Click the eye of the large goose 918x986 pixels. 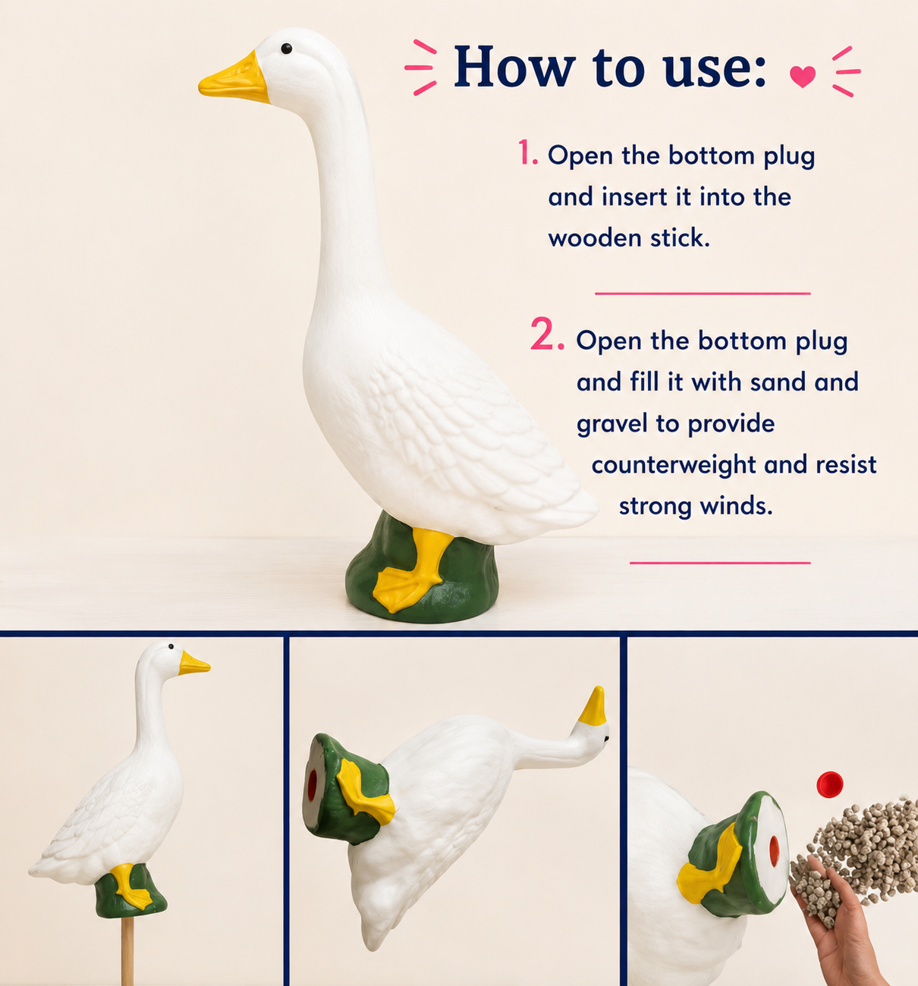pos(286,48)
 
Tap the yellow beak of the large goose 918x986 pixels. pos(234,80)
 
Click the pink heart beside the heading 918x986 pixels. pos(802,77)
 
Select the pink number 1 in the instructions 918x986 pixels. pos(527,152)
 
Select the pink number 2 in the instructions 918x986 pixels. pos(548,334)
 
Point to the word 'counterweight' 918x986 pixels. pos(674,465)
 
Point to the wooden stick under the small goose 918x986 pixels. pos(127,950)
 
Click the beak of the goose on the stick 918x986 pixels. pos(193,663)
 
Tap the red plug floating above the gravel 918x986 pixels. pos(830,784)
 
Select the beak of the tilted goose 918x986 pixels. pos(593,705)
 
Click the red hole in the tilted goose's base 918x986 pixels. pos(313,786)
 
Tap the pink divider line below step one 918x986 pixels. pos(703,294)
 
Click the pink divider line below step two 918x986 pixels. pos(720,563)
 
